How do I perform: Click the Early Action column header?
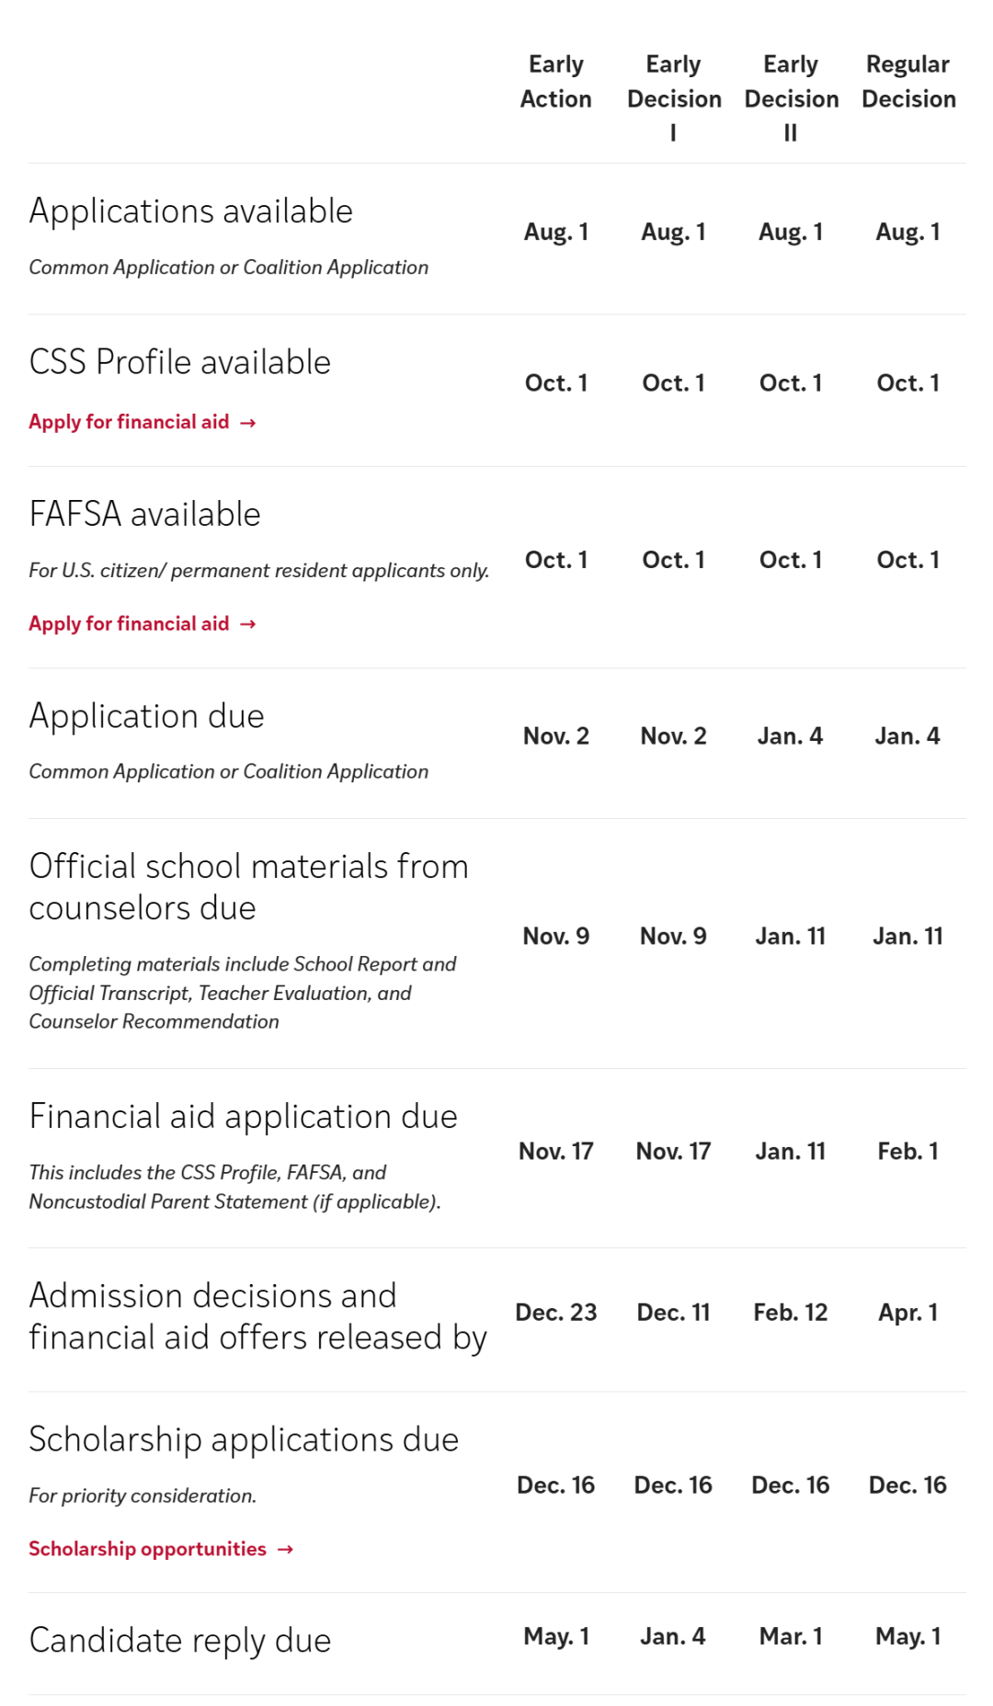tap(555, 82)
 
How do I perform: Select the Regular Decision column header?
tap(907, 82)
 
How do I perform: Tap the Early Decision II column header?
tap(791, 97)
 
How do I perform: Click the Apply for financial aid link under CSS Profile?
tap(142, 422)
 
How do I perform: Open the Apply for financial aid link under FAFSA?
tap(142, 624)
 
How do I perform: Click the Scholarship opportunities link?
tap(160, 1549)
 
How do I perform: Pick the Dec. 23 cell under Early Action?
tap(555, 1313)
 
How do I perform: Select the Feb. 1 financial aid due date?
tap(907, 1152)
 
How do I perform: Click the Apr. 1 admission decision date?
tap(907, 1313)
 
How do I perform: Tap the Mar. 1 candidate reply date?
tap(791, 1636)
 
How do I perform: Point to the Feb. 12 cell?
tap(791, 1313)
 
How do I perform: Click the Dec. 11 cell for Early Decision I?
tap(673, 1313)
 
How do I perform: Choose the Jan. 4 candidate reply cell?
tap(673, 1636)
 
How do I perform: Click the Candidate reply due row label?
tap(180, 1641)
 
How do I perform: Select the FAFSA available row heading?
tap(145, 515)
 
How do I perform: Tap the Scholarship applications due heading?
tap(244, 1439)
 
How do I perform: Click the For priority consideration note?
tap(143, 1496)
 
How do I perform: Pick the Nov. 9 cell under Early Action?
tap(555, 937)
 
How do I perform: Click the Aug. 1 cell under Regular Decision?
tap(907, 233)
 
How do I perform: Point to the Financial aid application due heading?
tap(244, 1117)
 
